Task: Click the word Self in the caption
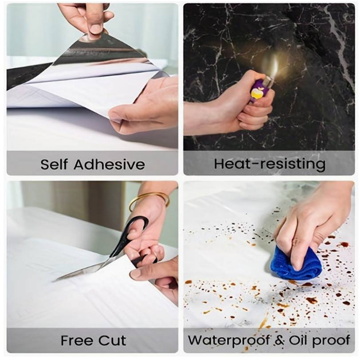click(54, 164)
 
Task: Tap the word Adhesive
click(109, 164)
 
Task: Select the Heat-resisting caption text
click(269, 164)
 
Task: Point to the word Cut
click(112, 341)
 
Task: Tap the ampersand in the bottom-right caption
click(279, 340)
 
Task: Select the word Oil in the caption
click(298, 340)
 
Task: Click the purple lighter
click(260, 89)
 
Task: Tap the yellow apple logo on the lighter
click(256, 93)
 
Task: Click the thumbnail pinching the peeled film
click(96, 29)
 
